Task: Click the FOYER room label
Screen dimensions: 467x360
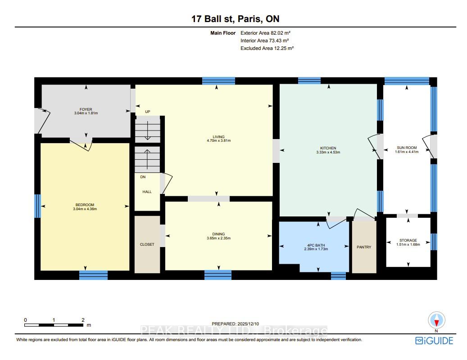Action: point(86,109)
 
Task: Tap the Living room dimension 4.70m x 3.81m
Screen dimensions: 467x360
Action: point(218,140)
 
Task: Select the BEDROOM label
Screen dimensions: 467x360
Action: point(85,205)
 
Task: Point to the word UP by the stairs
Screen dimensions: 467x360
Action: point(147,112)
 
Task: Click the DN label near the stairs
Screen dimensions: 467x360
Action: point(143,177)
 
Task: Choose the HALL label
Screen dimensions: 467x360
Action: point(147,192)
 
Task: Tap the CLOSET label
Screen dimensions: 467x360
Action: point(147,244)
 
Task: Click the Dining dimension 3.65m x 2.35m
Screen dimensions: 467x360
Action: point(218,238)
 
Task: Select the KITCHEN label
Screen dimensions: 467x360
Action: point(328,148)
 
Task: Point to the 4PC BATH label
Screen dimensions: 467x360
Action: point(316,245)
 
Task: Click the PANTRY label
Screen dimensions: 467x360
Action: point(364,247)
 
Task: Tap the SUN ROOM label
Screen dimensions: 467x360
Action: point(407,148)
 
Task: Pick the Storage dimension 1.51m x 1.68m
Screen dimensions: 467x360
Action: point(408,244)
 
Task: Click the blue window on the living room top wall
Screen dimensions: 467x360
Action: point(218,81)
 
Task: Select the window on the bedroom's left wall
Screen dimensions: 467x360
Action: point(37,206)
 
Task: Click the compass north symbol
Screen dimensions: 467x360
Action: point(437,320)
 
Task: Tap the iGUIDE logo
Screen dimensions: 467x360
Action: point(434,341)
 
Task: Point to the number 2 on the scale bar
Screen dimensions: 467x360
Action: point(83,320)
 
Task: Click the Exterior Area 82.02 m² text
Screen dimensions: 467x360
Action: point(265,33)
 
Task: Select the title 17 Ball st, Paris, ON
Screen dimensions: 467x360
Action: point(235,19)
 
